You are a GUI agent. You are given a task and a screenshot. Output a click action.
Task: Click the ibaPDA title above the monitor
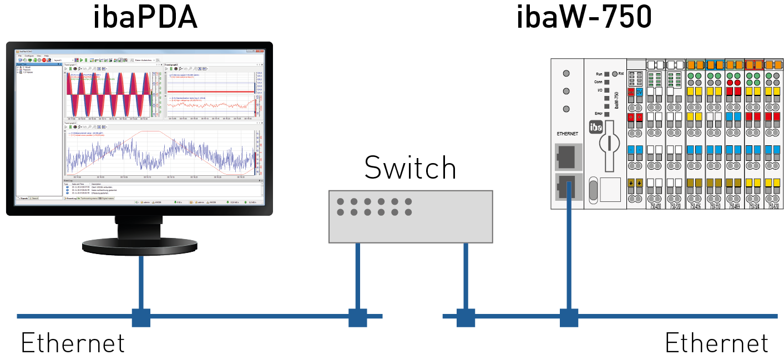tap(145, 18)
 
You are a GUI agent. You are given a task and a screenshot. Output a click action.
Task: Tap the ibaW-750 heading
tap(583, 18)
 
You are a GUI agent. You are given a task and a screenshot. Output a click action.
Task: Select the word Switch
tap(410, 168)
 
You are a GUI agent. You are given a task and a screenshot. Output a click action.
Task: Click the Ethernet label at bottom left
tap(73, 343)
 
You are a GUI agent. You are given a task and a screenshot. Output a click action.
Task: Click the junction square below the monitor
tap(141, 317)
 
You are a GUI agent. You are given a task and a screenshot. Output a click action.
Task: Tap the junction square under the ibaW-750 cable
tap(569, 317)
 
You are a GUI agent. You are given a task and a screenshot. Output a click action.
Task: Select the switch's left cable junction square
tap(357, 317)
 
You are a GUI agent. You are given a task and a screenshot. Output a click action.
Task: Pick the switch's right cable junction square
tap(466, 317)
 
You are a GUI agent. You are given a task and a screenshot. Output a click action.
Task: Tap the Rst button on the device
tap(615, 73)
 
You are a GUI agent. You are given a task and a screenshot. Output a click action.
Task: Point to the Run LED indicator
tap(606, 74)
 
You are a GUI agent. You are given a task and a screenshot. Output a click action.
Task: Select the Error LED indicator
tap(606, 113)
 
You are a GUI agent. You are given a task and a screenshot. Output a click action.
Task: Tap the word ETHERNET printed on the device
tap(566, 134)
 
